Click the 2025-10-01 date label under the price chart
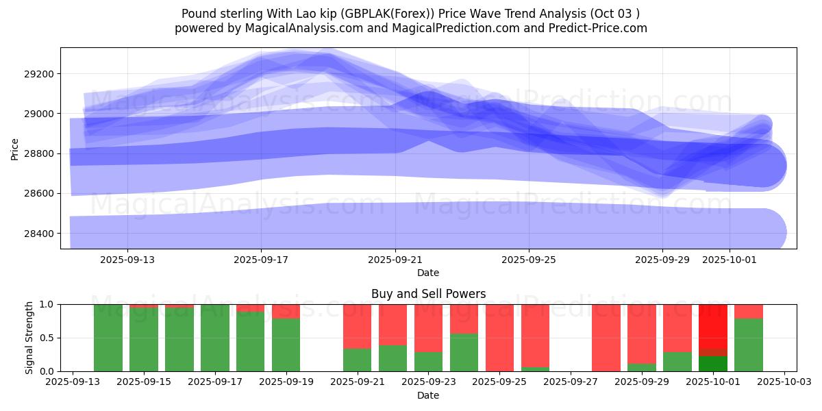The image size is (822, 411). (729, 260)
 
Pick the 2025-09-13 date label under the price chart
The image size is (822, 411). (127, 260)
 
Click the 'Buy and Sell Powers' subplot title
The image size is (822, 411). (428, 294)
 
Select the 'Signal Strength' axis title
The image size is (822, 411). (29, 338)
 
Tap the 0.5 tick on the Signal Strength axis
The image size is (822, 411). (48, 338)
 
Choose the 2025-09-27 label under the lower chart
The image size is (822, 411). (571, 382)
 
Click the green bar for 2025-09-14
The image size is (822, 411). (108, 338)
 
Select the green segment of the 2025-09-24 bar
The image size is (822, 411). (464, 353)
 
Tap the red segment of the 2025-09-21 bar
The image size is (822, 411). (358, 326)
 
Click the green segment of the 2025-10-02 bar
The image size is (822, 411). (749, 345)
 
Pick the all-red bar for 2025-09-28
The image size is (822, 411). (606, 338)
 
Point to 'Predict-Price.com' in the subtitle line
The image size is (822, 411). (599, 28)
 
